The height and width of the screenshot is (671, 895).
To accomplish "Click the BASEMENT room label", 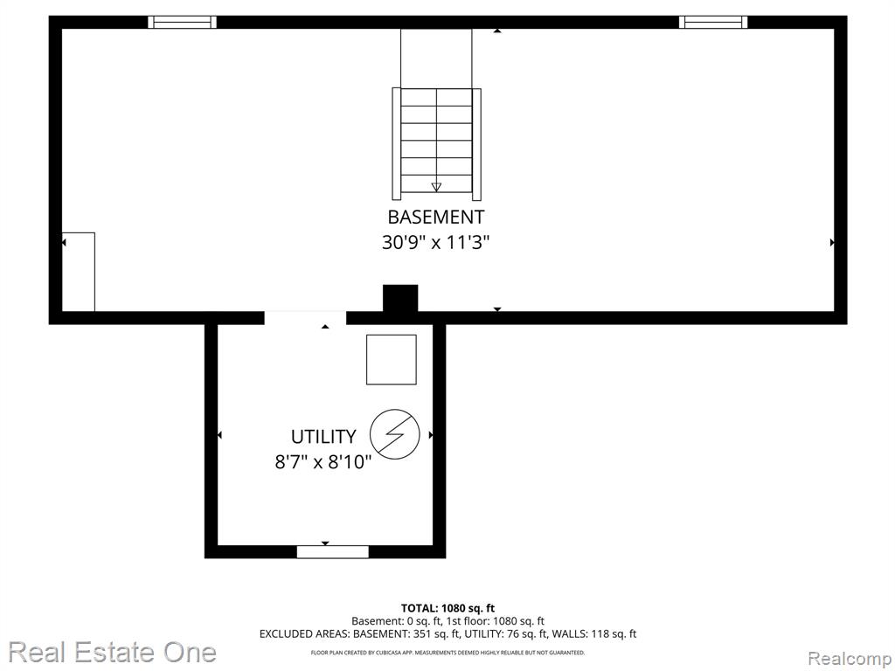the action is point(435,217).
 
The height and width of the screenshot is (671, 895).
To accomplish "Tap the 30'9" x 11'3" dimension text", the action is point(435,243).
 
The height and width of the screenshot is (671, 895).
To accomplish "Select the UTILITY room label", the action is point(323,437).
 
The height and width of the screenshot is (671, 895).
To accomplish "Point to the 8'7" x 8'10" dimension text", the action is point(323,461).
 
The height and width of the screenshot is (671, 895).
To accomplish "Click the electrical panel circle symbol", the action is point(395,434).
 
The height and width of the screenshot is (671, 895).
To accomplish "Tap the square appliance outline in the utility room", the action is point(391,359).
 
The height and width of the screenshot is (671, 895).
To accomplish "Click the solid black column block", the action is point(400,299).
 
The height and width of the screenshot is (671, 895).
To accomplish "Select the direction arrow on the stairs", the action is point(437,187).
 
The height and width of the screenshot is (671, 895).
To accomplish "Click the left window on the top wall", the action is point(182,22).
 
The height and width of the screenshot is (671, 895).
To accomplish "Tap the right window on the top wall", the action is point(713,22).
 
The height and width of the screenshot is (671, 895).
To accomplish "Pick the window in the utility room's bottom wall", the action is point(333,552).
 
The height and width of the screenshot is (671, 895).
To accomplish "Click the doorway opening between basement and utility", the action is point(305,318).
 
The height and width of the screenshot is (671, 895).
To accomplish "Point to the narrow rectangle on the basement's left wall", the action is point(78,272).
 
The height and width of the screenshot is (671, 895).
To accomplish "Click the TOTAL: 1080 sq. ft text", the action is point(447,608).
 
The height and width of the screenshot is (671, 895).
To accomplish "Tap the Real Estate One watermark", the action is point(113,652).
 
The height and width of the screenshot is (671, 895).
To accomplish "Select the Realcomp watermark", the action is point(850,659).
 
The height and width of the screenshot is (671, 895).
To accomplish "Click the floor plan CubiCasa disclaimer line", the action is point(447,652).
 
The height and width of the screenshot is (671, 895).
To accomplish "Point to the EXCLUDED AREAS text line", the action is point(447,634).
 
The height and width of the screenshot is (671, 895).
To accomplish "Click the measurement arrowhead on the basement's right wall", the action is point(832,243).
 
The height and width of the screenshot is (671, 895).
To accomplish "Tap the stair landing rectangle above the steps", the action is point(437,59).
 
